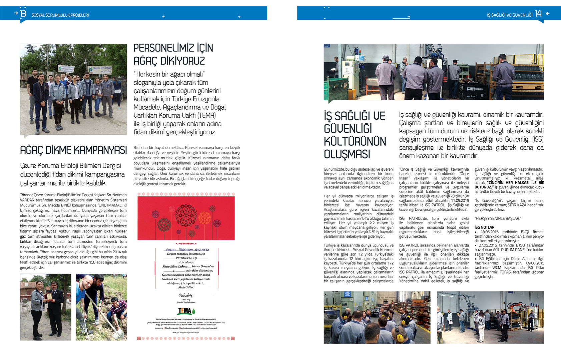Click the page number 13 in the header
(23, 13)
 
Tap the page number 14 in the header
(538, 14)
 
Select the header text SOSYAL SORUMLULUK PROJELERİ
(60, 15)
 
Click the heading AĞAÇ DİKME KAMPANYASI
(73, 150)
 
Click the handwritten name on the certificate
(187, 249)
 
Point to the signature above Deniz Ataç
(185, 295)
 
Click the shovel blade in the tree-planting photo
(117, 334)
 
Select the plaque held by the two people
(49, 297)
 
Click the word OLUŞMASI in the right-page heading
(347, 154)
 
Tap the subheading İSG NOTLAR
(484, 227)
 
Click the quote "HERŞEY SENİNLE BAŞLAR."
(498, 218)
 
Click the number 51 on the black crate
(483, 96)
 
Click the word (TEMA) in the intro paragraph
(206, 116)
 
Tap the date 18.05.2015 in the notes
(489, 232)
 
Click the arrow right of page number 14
(548, 14)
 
